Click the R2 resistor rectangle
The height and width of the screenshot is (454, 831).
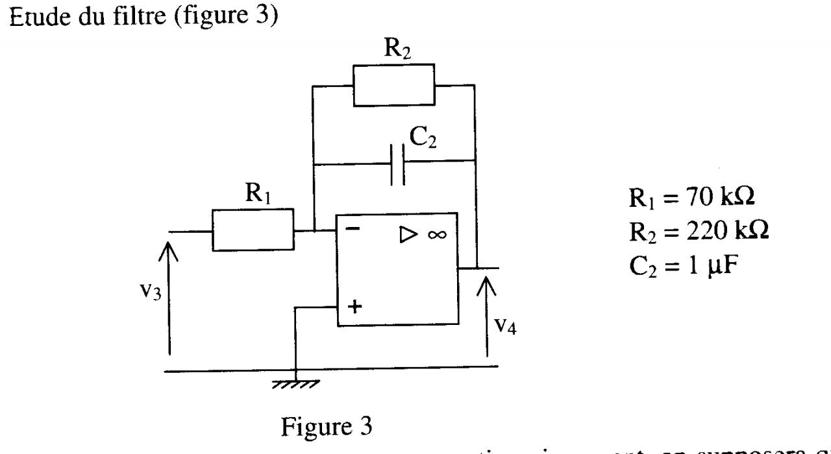coord(393,84)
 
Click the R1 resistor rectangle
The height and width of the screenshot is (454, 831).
coord(253,230)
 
